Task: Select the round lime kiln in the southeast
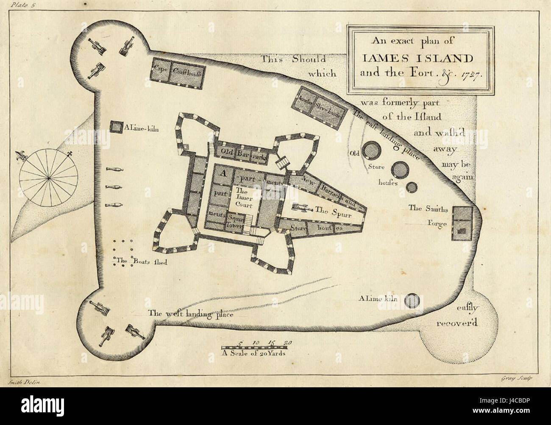coord(411,300)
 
